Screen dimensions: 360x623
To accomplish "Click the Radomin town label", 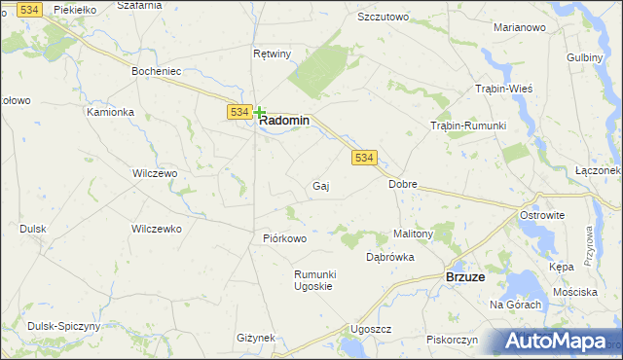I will [284, 121].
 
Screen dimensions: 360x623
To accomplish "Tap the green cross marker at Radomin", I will [260, 113].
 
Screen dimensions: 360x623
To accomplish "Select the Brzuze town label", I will [465, 276].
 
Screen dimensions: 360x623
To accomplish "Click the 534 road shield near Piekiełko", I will [30, 9].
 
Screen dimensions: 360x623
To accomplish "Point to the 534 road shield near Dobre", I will [363, 158].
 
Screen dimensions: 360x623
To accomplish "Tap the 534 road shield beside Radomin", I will [240, 113].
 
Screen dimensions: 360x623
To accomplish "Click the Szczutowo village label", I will [383, 18].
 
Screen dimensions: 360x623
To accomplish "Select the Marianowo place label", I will [519, 27].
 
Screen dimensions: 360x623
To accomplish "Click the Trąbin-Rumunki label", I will [469, 126].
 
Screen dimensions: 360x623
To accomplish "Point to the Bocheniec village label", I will [158, 71].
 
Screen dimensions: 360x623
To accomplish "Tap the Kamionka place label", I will [109, 112].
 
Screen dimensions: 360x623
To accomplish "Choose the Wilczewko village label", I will [157, 229].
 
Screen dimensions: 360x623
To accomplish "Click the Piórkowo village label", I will [285, 238].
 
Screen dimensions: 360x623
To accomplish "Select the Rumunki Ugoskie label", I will [314, 280].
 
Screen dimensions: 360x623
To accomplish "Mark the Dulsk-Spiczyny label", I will [63, 326].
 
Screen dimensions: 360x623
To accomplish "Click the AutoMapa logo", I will [558, 342].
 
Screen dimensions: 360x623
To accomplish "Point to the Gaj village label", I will [320, 185].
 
